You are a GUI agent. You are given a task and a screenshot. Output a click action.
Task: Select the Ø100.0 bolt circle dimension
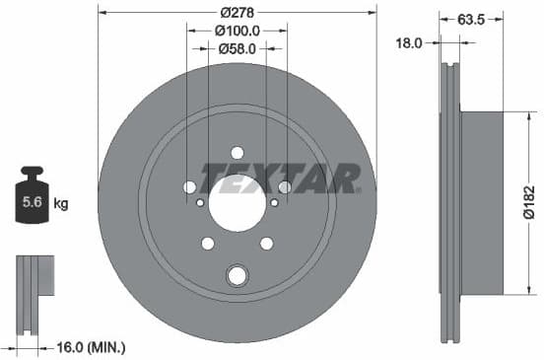coord(237,30)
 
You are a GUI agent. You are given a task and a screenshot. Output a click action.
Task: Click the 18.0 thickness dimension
coord(408,42)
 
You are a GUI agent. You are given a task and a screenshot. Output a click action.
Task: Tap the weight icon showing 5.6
coord(32,201)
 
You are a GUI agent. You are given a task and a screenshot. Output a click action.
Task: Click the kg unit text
coord(60,205)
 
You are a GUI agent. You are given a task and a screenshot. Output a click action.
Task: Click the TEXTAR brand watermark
coord(280,178)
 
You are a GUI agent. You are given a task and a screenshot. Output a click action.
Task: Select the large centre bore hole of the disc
coord(237,203)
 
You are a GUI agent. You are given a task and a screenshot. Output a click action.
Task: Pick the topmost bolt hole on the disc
coord(237,152)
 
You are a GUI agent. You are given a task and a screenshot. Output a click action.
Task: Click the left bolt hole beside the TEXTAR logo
coord(189,186)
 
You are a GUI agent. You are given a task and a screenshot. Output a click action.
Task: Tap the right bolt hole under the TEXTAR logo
coord(285,186)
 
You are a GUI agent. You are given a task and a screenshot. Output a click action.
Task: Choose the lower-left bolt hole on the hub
coord(208,244)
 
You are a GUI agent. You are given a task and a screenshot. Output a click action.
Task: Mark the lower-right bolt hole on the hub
coord(266,244)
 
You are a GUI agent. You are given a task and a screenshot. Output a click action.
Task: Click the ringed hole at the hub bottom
coord(237,275)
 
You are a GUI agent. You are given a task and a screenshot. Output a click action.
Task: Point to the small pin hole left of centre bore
coord(200,203)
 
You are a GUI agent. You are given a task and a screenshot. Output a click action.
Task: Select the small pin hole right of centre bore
coord(273,203)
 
